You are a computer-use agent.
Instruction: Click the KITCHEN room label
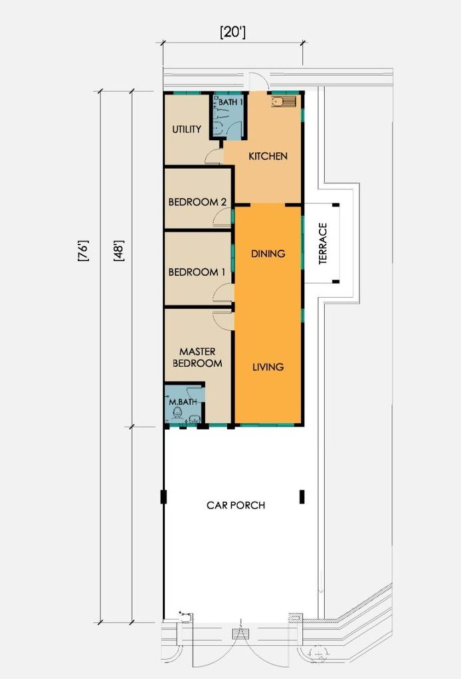pos(268,156)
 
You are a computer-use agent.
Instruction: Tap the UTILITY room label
pos(187,129)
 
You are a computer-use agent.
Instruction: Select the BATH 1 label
pos(230,102)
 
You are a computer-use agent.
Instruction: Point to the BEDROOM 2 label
pos(197,202)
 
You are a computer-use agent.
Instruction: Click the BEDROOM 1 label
pos(197,272)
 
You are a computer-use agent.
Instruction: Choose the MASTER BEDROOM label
pos(197,357)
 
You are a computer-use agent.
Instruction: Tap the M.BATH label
pos(183,402)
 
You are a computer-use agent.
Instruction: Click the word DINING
pos(268,253)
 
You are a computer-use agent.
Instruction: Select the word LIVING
pos(268,367)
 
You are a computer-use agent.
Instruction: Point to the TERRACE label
pos(323,243)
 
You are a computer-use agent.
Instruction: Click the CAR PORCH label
pos(236,506)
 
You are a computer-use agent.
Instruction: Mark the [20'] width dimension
pos(233,33)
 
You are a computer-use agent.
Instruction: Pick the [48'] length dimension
pos(119,250)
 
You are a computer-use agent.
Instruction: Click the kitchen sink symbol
pos(284,102)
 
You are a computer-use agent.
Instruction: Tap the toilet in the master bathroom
pos(176,415)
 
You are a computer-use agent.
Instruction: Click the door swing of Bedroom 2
pos(221,215)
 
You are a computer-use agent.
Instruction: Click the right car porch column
pos(302,497)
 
